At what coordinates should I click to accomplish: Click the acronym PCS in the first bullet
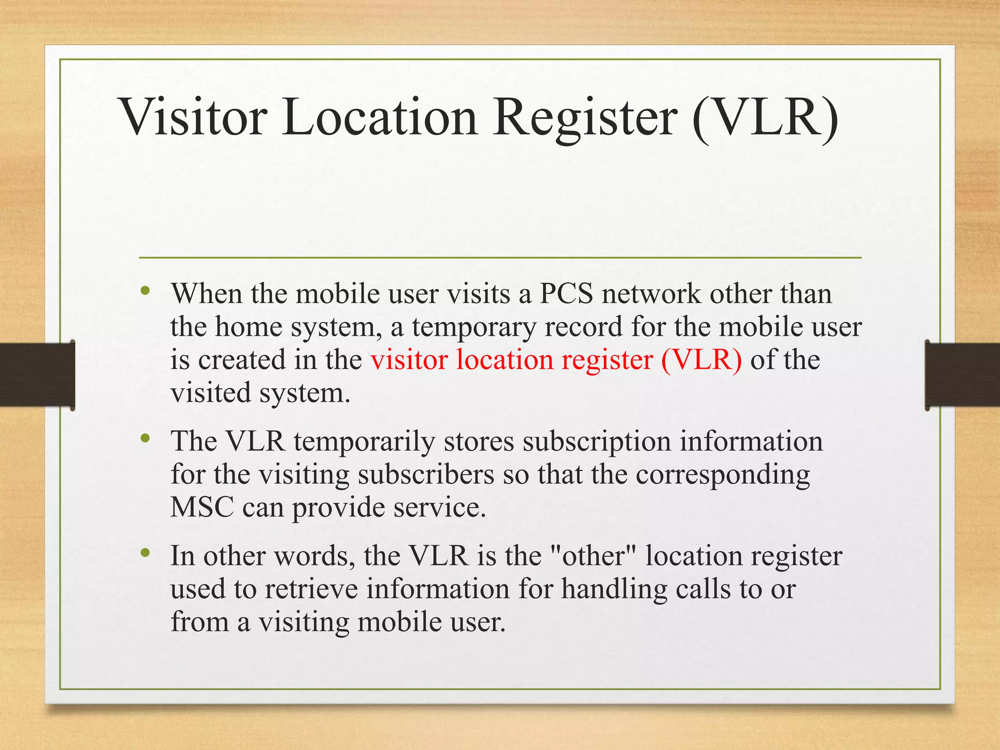(566, 294)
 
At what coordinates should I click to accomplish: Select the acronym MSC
(202, 507)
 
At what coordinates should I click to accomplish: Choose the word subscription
(597, 441)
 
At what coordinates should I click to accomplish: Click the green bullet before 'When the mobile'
(145, 292)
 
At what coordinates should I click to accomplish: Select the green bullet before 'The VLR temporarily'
(145, 438)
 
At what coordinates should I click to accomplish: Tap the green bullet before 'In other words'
(145, 553)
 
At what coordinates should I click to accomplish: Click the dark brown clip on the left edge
(37, 375)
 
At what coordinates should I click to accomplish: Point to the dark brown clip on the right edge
(962, 375)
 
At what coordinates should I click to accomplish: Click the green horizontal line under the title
(500, 257)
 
